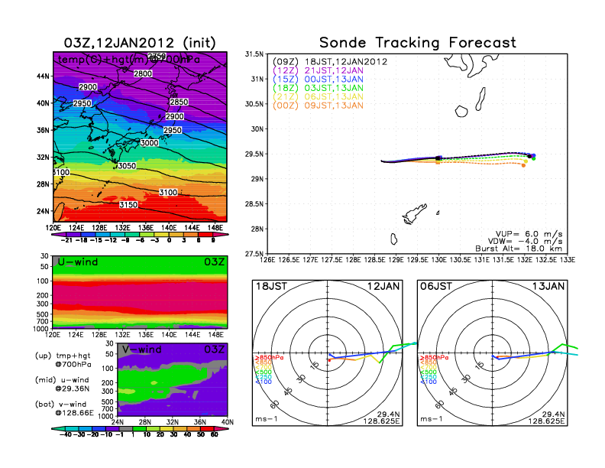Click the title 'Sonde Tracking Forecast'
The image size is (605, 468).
click(417, 43)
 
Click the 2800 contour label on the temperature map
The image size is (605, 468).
click(143, 73)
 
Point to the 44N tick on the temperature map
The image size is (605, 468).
click(44, 76)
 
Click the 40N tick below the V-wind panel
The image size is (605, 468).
click(225, 422)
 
